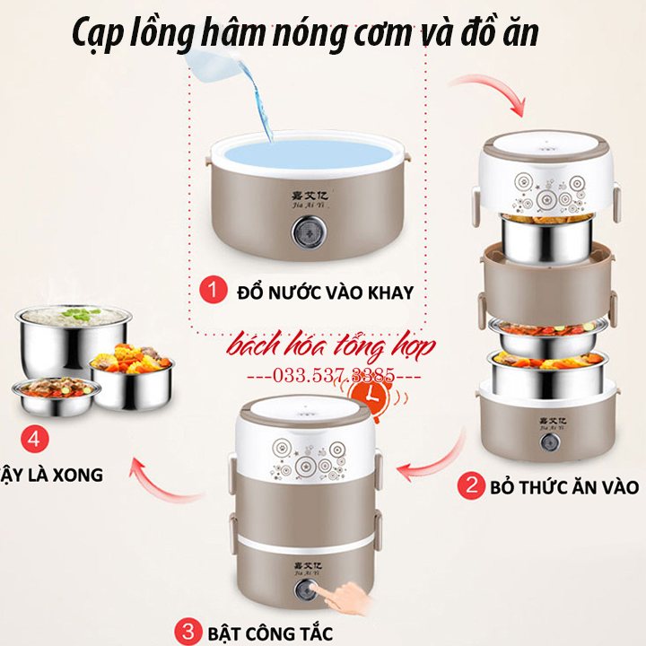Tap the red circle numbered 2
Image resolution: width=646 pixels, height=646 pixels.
(469, 487)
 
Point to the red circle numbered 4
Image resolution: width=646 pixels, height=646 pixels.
(34, 440)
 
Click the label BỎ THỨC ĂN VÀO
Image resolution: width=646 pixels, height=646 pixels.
(562, 487)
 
